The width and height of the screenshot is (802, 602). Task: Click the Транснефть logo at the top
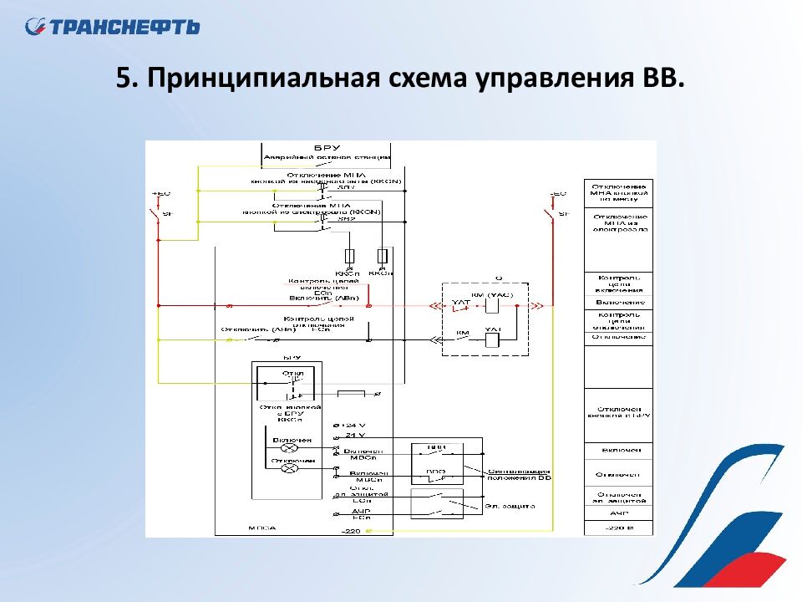click(x=112, y=27)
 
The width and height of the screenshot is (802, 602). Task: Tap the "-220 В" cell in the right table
click(x=618, y=528)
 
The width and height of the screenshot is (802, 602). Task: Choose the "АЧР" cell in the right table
click(x=618, y=513)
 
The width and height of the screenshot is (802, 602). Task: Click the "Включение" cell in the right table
click(x=618, y=301)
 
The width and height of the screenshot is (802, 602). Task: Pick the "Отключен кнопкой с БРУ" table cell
click(x=618, y=410)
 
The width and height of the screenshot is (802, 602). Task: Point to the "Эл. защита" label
click(x=510, y=506)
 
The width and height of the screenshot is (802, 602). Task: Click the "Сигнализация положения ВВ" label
click(x=520, y=475)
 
